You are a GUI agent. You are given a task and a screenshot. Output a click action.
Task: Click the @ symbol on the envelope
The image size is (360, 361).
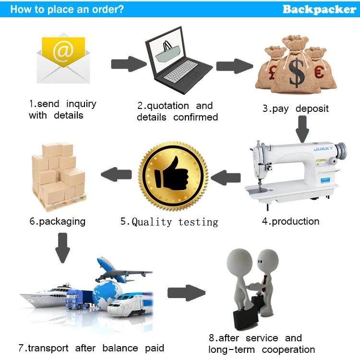[63, 51]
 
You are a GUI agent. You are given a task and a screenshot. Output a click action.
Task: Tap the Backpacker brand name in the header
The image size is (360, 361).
[319, 10]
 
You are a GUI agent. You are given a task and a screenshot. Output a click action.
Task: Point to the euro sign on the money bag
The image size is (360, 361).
[319, 72]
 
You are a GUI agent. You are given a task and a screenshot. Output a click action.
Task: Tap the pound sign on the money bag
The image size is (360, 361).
[273, 72]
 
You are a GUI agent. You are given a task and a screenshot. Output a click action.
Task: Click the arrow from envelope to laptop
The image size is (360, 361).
[129, 64]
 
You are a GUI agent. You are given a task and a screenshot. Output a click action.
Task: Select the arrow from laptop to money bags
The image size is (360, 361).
[235, 66]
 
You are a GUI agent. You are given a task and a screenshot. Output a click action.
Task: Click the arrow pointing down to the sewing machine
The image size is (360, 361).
[302, 129]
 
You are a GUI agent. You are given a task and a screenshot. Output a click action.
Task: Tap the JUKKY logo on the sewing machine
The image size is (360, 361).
[323, 149]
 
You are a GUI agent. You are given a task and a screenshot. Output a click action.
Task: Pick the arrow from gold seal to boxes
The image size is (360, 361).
[116, 174]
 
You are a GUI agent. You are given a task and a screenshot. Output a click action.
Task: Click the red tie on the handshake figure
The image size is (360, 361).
[264, 283]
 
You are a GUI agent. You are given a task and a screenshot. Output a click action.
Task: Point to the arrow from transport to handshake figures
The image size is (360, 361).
[186, 293]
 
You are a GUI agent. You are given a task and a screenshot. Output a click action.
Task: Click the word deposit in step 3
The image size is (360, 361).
[312, 109]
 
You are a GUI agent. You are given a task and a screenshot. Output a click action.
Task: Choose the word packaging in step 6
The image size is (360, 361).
[62, 222]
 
